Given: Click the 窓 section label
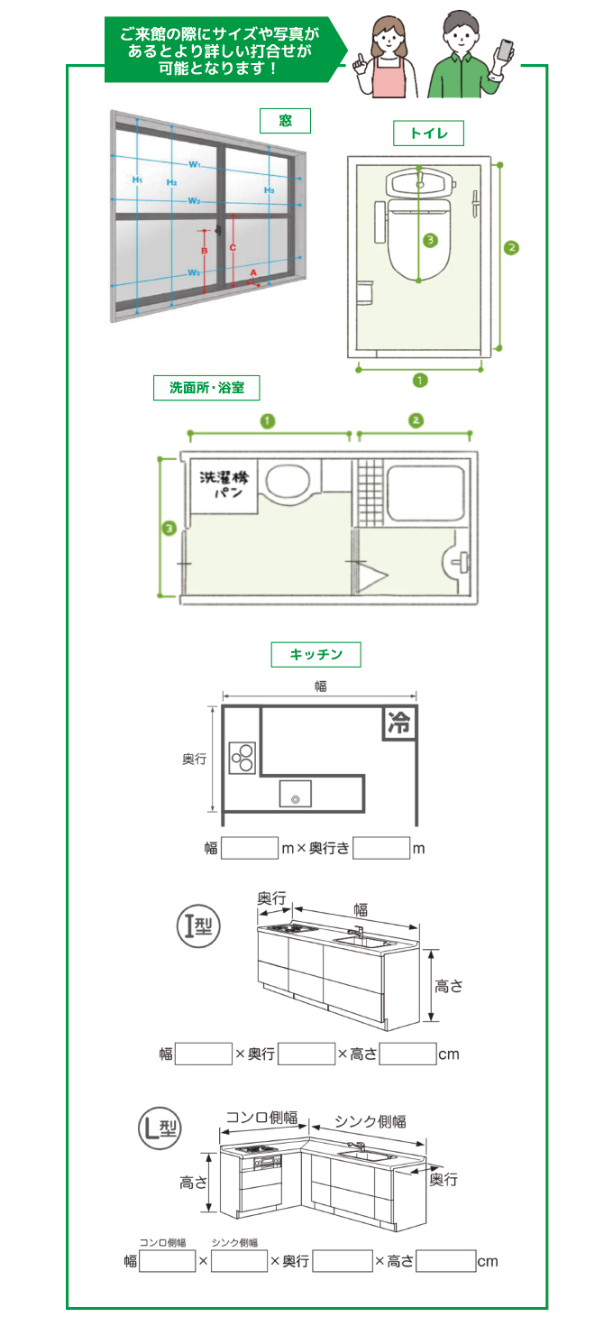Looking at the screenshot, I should [x=285, y=120].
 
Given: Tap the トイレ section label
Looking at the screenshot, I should [x=428, y=134].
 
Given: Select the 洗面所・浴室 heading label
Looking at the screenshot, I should [x=206, y=388].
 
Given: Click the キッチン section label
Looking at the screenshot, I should [x=315, y=654].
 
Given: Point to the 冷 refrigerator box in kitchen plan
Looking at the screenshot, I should [x=399, y=723].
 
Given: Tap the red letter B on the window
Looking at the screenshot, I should [x=205, y=250].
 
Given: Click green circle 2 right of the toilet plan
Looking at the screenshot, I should [x=511, y=246].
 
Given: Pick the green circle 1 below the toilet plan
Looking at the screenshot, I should [x=419, y=380].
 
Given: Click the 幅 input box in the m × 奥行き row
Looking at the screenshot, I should [x=250, y=848].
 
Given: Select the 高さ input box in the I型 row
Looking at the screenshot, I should [x=407, y=1054].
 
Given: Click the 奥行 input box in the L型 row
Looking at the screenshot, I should [x=342, y=1260].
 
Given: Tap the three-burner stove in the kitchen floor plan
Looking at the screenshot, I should [x=242, y=757].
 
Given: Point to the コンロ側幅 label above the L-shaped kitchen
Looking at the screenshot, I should [x=261, y=1118].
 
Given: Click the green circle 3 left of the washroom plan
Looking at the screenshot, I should [x=168, y=529].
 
